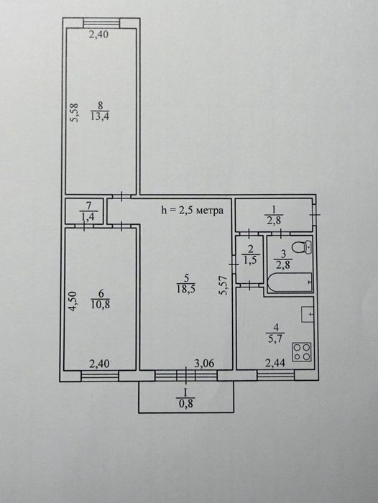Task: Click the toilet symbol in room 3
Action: click(x=302, y=248)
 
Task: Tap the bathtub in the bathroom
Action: click(x=290, y=282)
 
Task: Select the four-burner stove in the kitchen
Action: click(x=302, y=351)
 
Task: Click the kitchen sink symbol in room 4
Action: click(x=307, y=315)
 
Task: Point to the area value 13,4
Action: click(x=100, y=116)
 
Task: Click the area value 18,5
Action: click(x=186, y=289)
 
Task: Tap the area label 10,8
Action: click(x=101, y=305)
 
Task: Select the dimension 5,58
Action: click(x=74, y=112)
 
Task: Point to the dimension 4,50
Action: click(x=73, y=301)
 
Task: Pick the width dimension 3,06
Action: click(x=204, y=364)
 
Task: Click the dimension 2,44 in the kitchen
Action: click(x=275, y=364)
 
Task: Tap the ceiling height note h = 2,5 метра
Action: click(x=192, y=211)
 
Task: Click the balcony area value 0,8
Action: click(x=186, y=404)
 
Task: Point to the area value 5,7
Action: click(x=275, y=338)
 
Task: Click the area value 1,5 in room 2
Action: click(x=251, y=260)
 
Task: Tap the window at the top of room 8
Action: click(x=101, y=23)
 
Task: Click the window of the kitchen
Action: click(x=276, y=375)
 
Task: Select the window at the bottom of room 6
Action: click(x=100, y=376)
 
